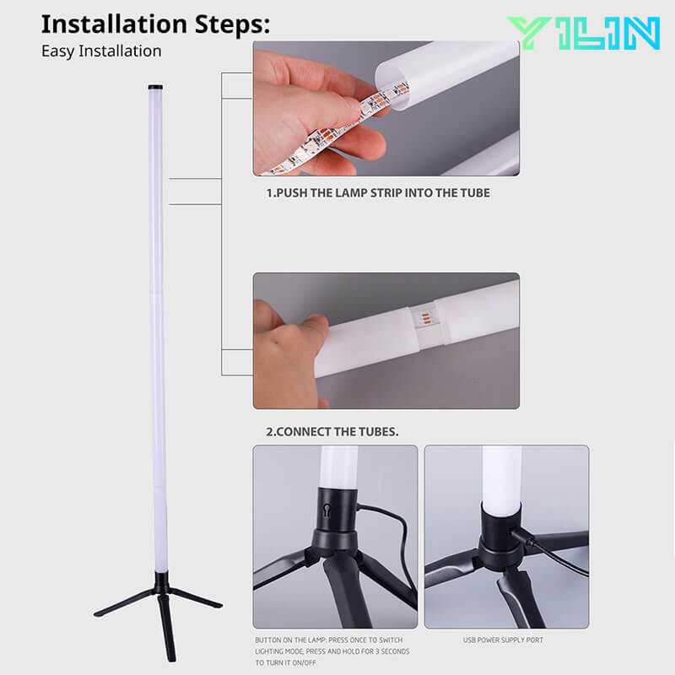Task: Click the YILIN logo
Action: pos(583,33)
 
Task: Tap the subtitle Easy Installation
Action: pos(101,51)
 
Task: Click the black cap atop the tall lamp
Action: pos(156,87)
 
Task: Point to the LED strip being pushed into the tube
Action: pos(337,127)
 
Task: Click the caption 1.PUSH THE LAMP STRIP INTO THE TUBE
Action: pos(378,192)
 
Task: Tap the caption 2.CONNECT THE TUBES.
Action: pos(332,432)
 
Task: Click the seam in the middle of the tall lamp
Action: pos(158,291)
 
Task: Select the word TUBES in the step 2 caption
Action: pos(379,432)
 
